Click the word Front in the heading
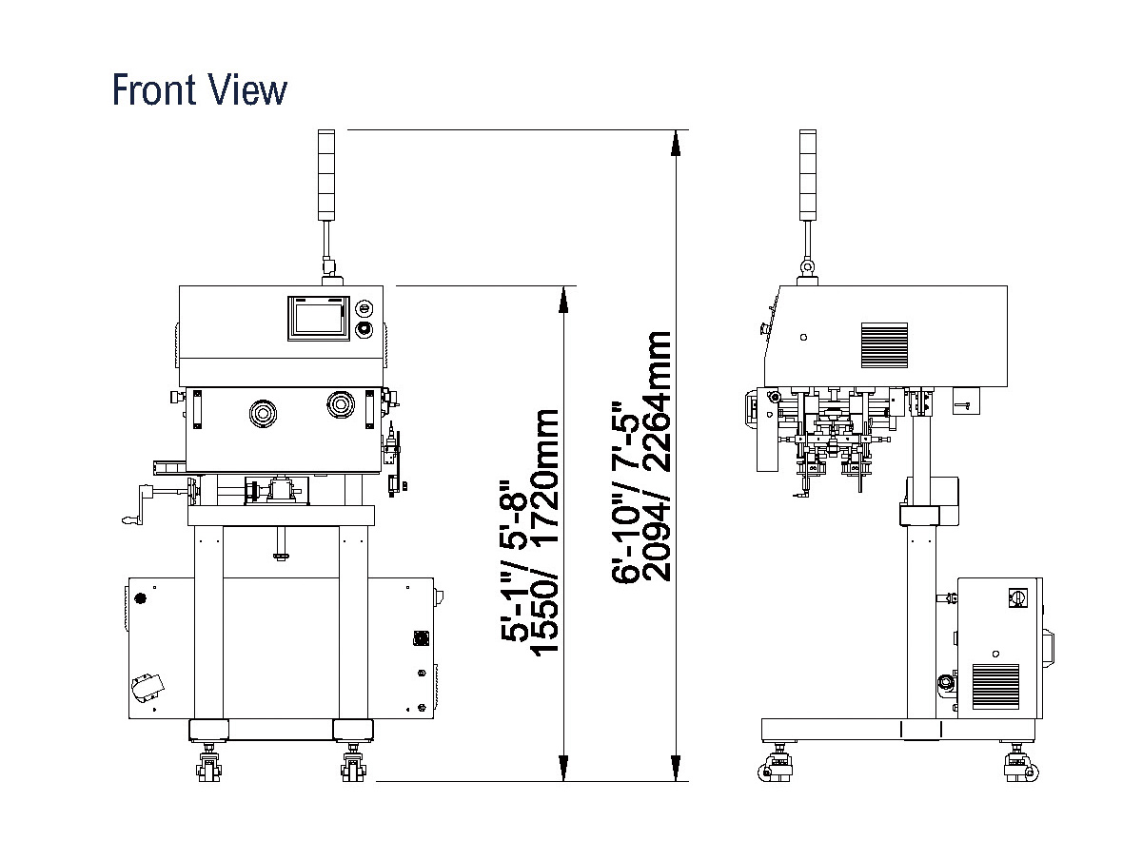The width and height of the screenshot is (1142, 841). coord(153,89)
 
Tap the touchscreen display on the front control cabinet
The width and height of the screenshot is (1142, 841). coord(319,319)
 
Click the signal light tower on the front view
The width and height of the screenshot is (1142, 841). coord(326,175)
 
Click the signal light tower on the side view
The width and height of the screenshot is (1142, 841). coord(808,175)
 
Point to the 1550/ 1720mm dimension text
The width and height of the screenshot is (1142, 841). coord(545,530)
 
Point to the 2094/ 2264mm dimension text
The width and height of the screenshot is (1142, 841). coord(656,457)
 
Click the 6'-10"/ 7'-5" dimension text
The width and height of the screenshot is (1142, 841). coord(625,492)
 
